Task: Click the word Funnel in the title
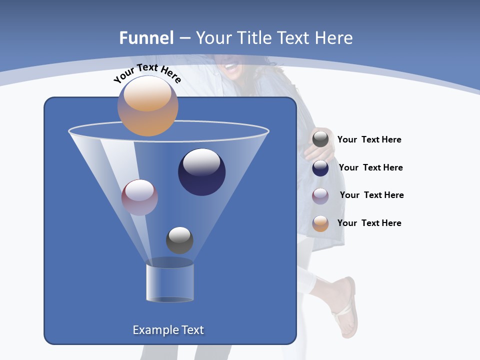[146, 38]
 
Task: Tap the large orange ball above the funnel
[148, 106]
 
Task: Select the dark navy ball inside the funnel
[201, 172]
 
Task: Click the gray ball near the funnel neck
[179, 240]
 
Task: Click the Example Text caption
[168, 330]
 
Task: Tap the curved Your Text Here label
[147, 72]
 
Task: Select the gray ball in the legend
[320, 139]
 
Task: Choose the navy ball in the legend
[320, 168]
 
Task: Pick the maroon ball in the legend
[320, 196]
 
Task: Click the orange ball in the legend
[320, 223]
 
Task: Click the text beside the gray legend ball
[369, 140]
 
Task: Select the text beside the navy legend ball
[370, 168]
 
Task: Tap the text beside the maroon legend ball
[371, 195]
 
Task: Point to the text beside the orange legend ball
[369, 223]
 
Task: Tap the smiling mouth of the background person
[231, 65]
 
